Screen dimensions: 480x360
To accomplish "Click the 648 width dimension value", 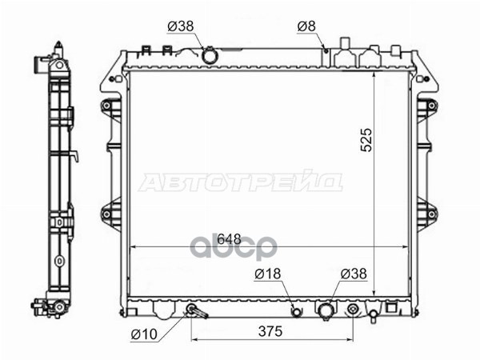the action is (x=230, y=239).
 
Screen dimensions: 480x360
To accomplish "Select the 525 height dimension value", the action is (x=366, y=140).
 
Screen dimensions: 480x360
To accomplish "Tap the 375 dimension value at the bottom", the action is (x=270, y=331).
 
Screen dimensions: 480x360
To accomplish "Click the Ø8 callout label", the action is (x=306, y=26).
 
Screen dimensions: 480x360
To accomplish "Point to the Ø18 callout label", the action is (x=267, y=274).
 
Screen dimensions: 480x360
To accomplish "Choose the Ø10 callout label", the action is (x=144, y=334).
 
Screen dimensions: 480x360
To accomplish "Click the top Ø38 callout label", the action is (x=181, y=26).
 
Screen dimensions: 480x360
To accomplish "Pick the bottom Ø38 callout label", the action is (x=354, y=274).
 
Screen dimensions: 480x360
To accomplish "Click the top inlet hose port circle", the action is (x=210, y=55).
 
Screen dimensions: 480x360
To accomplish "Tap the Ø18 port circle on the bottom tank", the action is (x=296, y=312).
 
